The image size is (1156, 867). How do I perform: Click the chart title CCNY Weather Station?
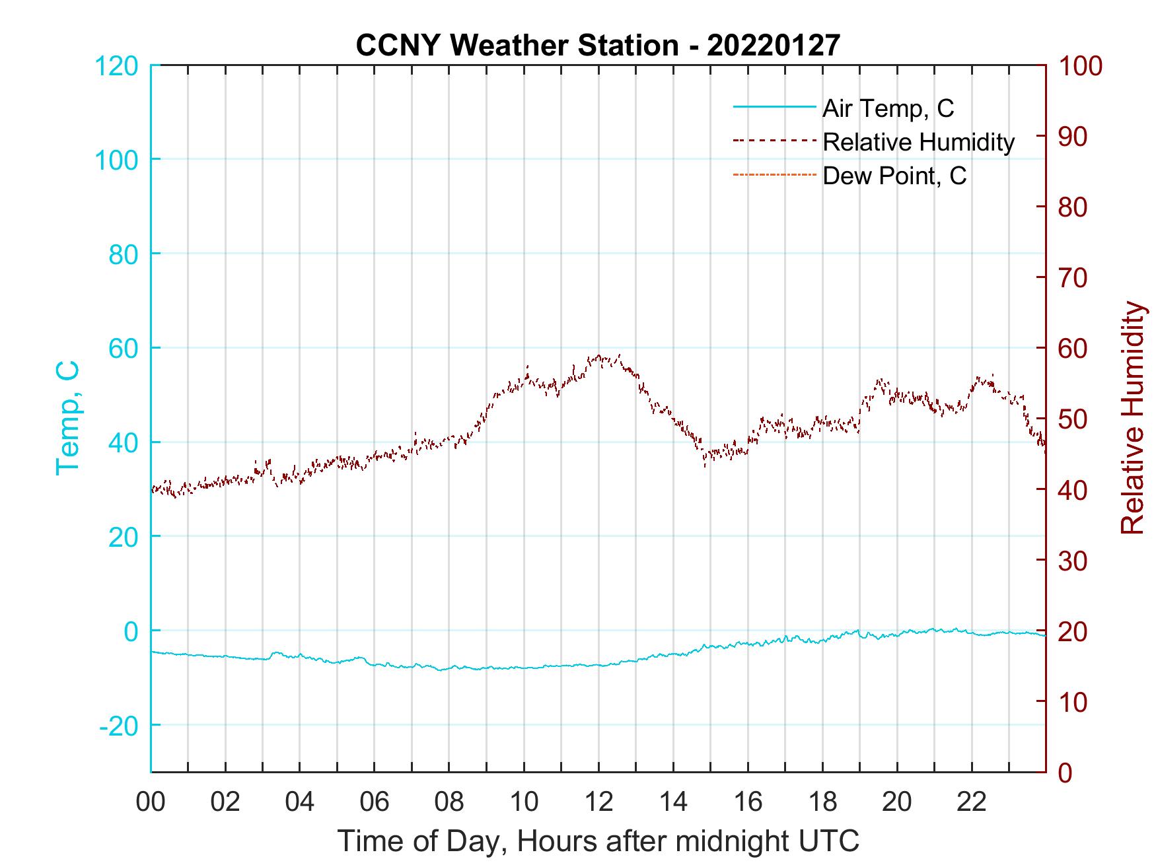[597, 45]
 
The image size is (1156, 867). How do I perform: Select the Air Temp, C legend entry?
[887, 108]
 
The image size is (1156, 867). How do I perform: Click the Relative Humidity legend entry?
[918, 142]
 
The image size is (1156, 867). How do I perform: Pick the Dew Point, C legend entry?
[894, 176]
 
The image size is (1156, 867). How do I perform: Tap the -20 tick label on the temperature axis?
[118, 726]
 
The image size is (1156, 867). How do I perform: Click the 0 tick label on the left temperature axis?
[131, 631]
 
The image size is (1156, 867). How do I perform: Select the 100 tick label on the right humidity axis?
[1080, 66]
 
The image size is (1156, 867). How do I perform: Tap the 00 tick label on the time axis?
[151, 802]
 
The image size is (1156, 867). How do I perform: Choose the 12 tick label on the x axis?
[598, 802]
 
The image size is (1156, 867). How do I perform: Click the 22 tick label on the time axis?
[972, 802]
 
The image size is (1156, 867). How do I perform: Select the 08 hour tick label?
[449, 802]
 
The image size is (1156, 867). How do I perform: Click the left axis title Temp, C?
[68, 417]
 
